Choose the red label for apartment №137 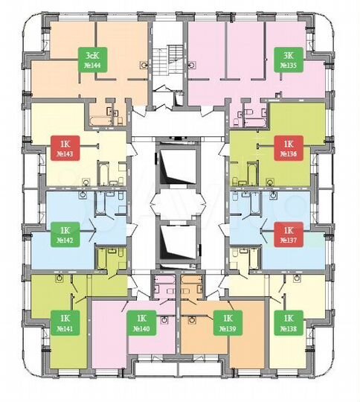[x=286, y=234]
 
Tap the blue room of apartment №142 [x=60, y=212]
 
